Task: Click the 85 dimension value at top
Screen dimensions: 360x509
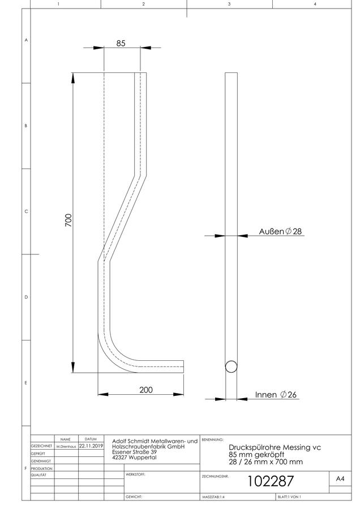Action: click(x=121, y=43)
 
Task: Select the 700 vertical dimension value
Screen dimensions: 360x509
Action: click(x=68, y=220)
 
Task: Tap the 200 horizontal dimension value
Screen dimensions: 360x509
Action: click(x=146, y=390)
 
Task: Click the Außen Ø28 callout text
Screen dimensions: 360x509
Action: click(x=280, y=231)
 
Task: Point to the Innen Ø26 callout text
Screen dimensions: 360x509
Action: click(x=276, y=394)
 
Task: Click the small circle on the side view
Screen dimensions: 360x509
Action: click(x=231, y=366)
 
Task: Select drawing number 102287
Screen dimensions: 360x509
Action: click(x=271, y=481)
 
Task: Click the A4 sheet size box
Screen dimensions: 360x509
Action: click(x=340, y=478)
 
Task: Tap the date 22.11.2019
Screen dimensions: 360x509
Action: click(x=91, y=446)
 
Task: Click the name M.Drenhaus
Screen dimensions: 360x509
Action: click(x=66, y=447)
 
